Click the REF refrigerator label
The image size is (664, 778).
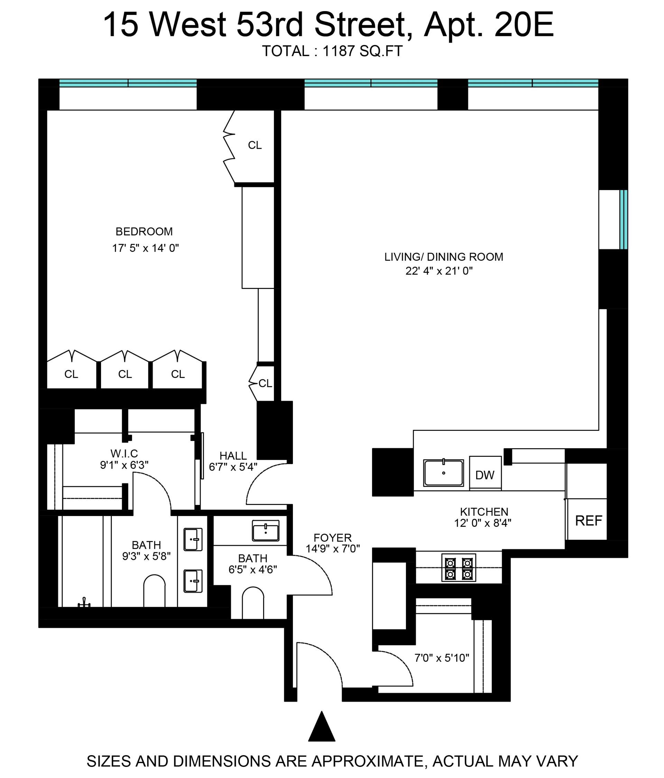[588, 521]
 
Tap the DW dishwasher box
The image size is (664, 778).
[485, 472]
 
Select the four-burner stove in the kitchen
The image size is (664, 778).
[459, 568]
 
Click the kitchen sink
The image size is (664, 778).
[443, 473]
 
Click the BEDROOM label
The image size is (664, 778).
[144, 231]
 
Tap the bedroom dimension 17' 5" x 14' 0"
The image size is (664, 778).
[146, 248]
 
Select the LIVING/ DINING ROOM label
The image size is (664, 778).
[444, 257]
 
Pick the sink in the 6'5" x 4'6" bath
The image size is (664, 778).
[266, 531]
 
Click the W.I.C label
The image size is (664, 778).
[124, 453]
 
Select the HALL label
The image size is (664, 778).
[233, 455]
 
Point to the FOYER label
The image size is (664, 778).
[333, 538]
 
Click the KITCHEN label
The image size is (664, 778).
[484, 512]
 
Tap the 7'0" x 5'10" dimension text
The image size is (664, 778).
[442, 658]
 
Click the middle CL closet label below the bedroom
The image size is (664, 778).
[125, 374]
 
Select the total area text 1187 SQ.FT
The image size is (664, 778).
[362, 51]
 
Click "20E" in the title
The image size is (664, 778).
[524, 25]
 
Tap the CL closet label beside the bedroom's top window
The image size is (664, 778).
[255, 145]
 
